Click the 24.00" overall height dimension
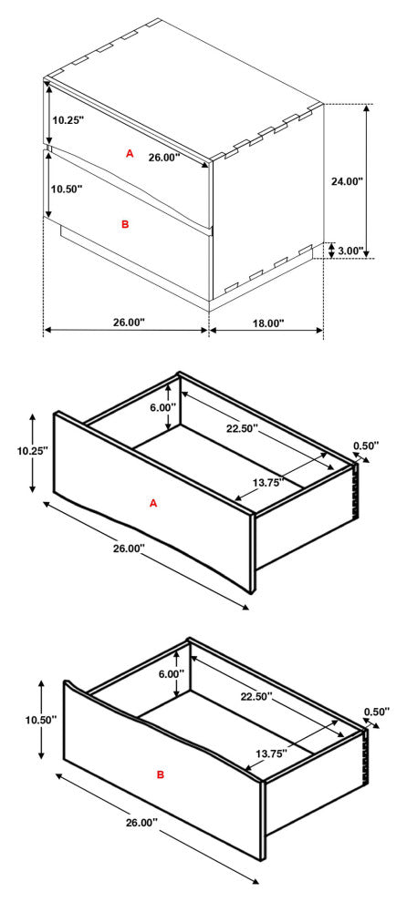(x=347, y=181)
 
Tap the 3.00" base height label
(x=350, y=251)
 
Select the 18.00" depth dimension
(x=268, y=323)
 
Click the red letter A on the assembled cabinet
(x=130, y=154)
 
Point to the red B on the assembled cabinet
(x=126, y=224)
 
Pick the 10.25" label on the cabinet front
(x=68, y=120)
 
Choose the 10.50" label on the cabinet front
(x=67, y=189)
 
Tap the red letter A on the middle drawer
(x=153, y=503)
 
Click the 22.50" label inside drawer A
(x=240, y=429)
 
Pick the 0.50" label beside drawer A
(x=367, y=446)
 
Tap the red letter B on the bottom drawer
(x=161, y=775)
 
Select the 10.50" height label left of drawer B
(x=41, y=719)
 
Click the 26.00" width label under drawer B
(x=141, y=823)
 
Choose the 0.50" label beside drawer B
(x=377, y=712)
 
